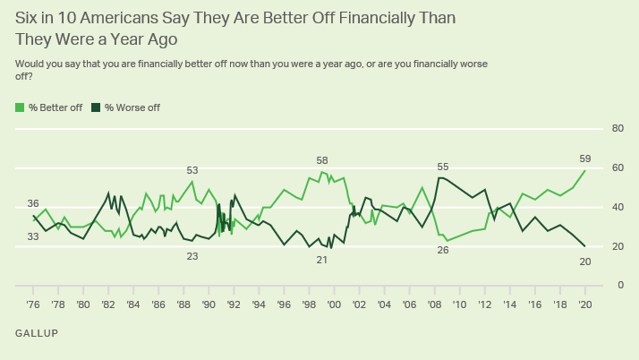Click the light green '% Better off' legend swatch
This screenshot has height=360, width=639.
(x=21, y=107)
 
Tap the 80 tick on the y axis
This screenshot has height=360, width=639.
(x=618, y=129)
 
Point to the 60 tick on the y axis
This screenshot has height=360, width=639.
(x=618, y=168)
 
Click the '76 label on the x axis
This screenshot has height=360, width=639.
(x=33, y=304)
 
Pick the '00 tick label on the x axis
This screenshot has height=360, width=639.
(x=335, y=304)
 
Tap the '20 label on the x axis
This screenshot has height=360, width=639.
(x=585, y=304)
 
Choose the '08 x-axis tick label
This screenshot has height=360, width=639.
(x=435, y=304)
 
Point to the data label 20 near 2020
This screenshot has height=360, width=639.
(x=586, y=261)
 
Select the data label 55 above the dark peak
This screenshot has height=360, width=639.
(x=442, y=167)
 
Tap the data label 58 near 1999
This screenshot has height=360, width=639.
(x=322, y=160)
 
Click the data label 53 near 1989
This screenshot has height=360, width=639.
(x=192, y=170)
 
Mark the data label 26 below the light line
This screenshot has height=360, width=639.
(x=442, y=250)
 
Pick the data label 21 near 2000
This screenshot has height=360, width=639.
(x=322, y=260)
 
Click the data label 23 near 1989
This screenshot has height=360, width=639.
(x=192, y=256)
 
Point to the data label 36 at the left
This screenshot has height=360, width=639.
(x=33, y=203)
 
